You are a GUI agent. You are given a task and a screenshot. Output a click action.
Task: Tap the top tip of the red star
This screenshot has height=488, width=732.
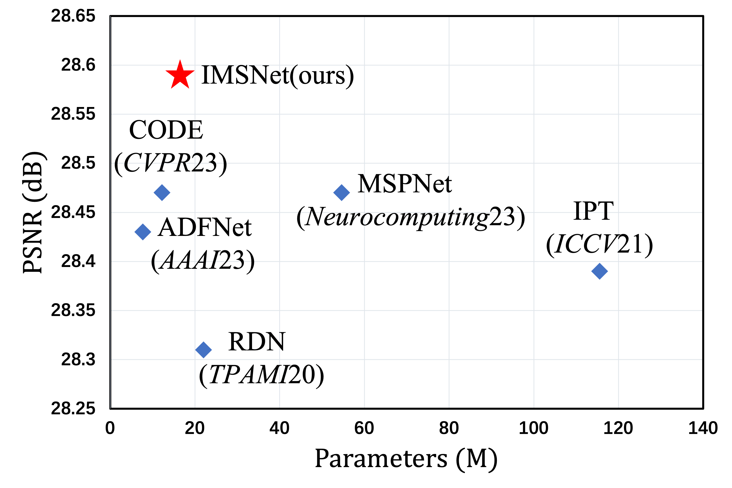[180, 60]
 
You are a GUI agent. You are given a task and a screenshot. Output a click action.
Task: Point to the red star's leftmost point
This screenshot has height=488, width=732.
[165, 71]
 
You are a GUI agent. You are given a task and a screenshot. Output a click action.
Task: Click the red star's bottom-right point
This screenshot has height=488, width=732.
[189, 88]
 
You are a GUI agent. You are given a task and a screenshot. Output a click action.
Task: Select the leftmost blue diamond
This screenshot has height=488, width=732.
[143, 232]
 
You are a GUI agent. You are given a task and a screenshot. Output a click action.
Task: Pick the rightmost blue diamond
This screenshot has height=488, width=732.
[599, 271]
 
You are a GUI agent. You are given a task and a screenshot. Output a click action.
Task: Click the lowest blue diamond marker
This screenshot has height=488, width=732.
[204, 350]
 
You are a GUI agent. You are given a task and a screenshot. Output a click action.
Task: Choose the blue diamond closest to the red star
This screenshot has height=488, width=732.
[162, 193]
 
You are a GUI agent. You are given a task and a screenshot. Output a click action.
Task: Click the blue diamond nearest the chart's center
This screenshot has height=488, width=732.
[342, 193]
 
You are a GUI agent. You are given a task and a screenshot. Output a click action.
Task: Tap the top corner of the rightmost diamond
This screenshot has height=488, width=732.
[599, 263]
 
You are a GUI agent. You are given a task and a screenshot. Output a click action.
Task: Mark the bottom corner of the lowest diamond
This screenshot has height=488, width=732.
[204, 358]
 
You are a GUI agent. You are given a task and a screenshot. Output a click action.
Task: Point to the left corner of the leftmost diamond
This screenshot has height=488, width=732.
[134, 232]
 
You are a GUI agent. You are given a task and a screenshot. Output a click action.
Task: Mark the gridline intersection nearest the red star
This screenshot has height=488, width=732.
[195, 65]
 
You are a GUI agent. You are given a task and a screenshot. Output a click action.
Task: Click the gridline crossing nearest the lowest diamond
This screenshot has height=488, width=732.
[195, 359]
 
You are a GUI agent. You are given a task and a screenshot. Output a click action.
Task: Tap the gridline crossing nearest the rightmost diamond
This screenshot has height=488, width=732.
[619, 262]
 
